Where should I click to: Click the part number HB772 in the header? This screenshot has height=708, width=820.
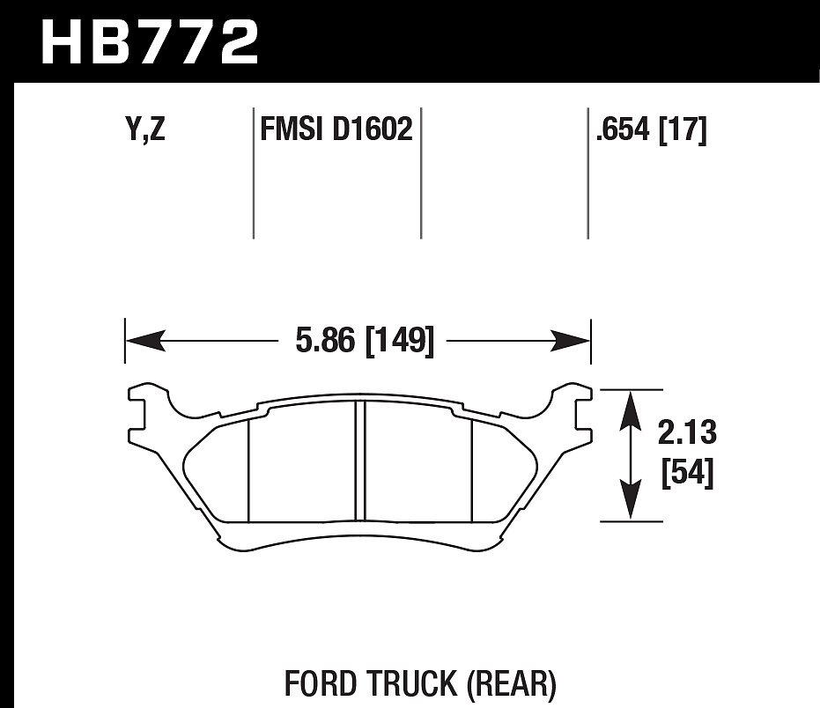150,41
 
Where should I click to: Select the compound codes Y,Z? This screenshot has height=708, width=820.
145,129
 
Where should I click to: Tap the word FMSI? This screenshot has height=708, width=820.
292,129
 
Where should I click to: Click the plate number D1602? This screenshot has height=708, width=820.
373,129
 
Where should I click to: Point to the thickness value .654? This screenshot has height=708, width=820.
623,129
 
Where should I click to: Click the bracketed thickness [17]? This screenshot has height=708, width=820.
683,129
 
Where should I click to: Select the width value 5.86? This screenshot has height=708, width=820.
325,341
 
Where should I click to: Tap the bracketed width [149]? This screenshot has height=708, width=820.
400,341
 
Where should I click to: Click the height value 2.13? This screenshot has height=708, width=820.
687,431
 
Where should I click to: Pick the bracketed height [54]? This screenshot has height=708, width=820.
687,472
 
